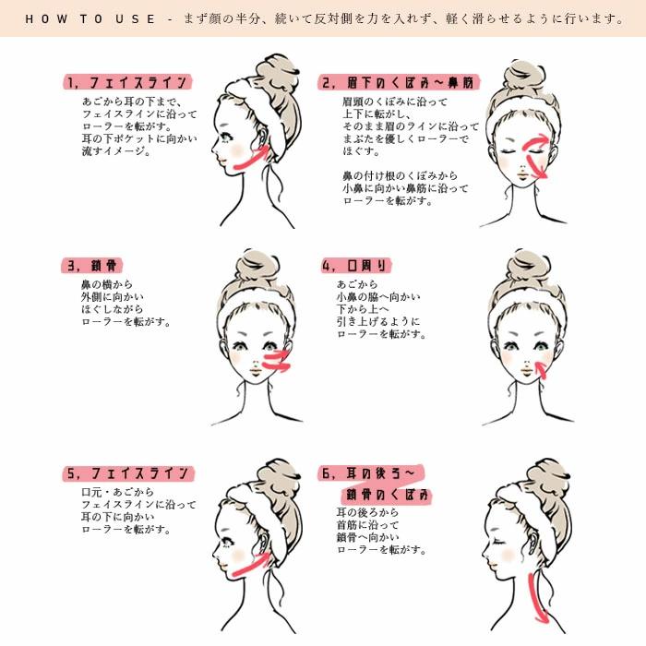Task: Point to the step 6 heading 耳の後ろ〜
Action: [x=369, y=473]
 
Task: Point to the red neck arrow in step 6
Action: [x=534, y=595]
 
